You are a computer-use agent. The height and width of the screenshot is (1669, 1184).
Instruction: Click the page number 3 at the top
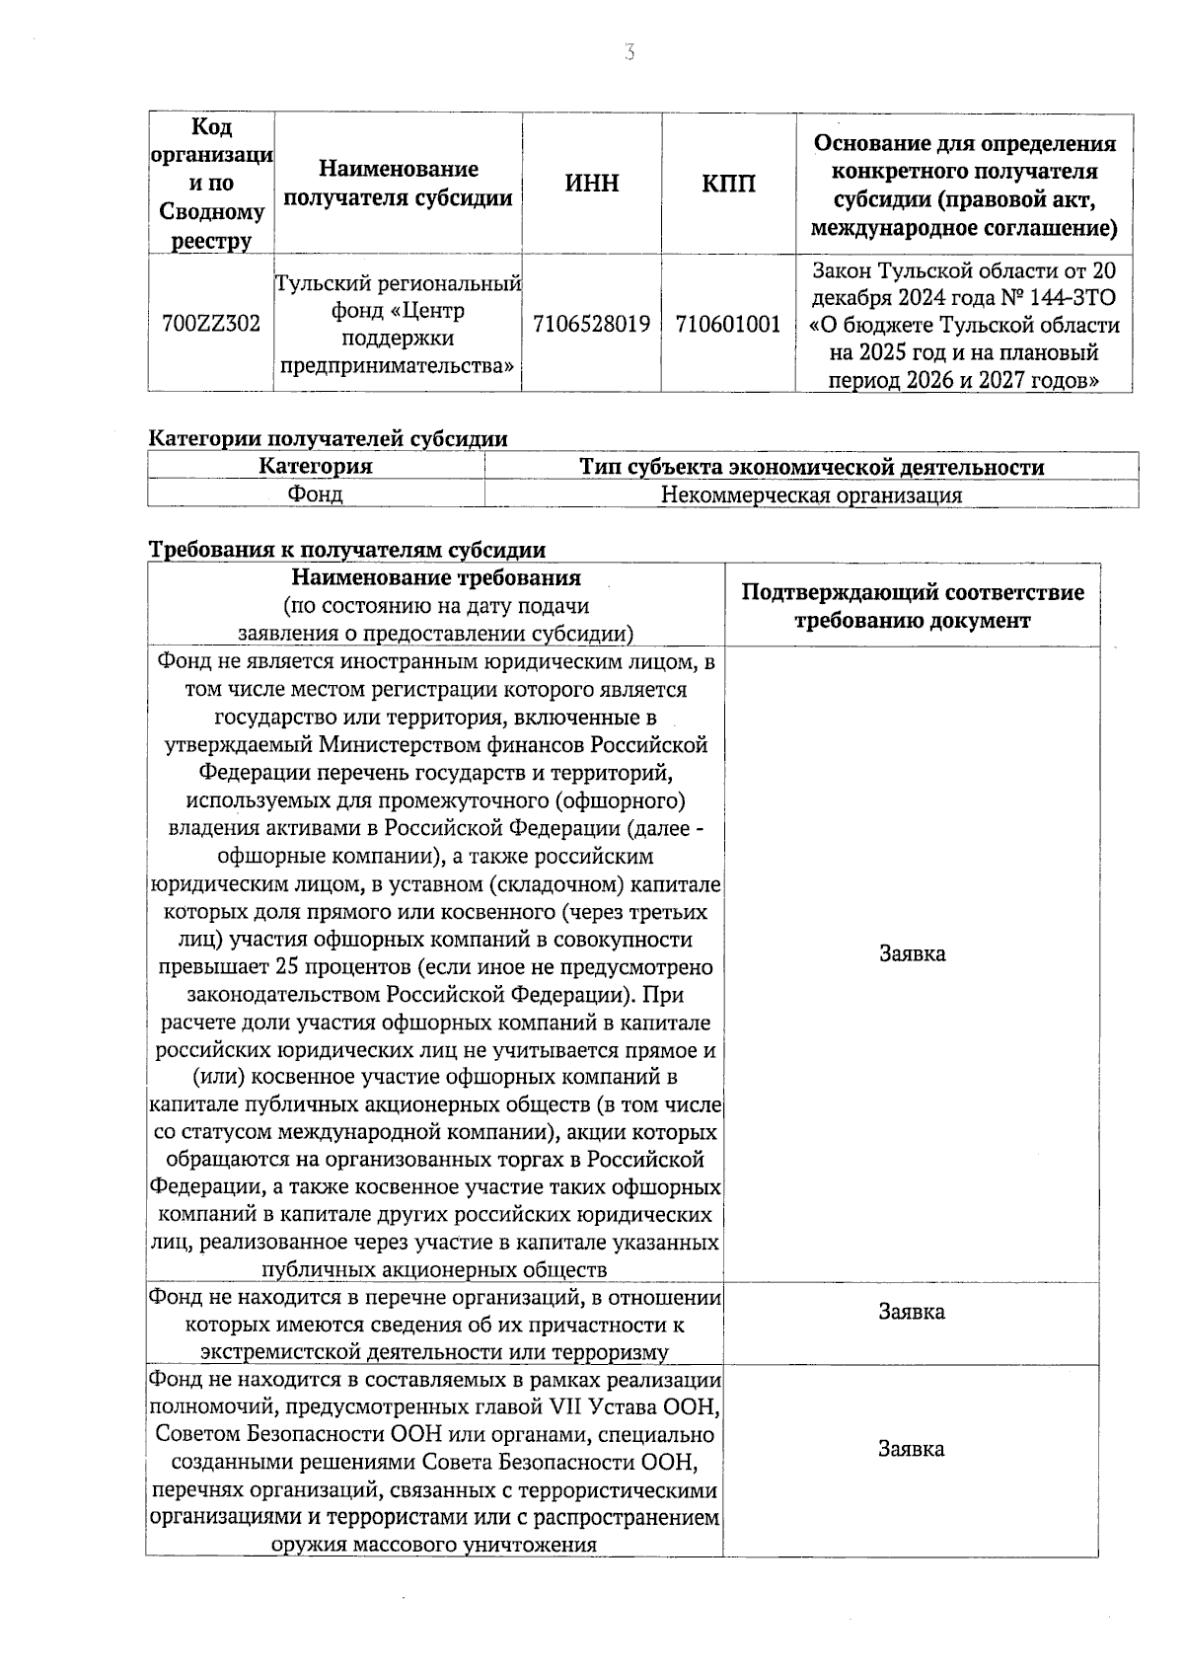tap(629, 53)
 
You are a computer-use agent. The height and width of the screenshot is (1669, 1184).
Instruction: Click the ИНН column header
tap(592, 184)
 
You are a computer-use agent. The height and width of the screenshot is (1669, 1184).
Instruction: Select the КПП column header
tap(728, 184)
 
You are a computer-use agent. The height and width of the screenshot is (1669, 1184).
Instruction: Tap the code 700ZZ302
tap(210, 324)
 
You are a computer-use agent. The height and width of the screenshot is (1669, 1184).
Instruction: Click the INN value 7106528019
tap(591, 324)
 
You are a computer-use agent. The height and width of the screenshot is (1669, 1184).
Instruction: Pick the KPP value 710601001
tap(728, 324)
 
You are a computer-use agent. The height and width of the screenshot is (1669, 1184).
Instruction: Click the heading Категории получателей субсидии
tap(328, 439)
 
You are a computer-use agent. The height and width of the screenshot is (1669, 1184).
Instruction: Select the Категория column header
tap(316, 467)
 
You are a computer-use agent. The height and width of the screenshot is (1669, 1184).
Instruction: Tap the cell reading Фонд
tap(315, 494)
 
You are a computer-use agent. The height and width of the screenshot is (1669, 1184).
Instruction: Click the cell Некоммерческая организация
tap(811, 495)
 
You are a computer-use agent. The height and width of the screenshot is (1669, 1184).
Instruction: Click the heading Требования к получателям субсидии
tap(346, 550)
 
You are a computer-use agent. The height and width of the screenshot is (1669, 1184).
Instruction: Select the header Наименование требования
tap(436, 577)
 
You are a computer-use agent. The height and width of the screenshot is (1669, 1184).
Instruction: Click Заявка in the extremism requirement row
tap(912, 1312)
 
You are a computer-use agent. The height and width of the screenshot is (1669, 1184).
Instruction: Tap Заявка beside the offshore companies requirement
tap(912, 953)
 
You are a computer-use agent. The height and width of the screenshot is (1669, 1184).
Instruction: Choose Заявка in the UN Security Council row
tap(912, 1449)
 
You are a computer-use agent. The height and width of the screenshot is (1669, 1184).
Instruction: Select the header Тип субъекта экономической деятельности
tap(811, 467)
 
